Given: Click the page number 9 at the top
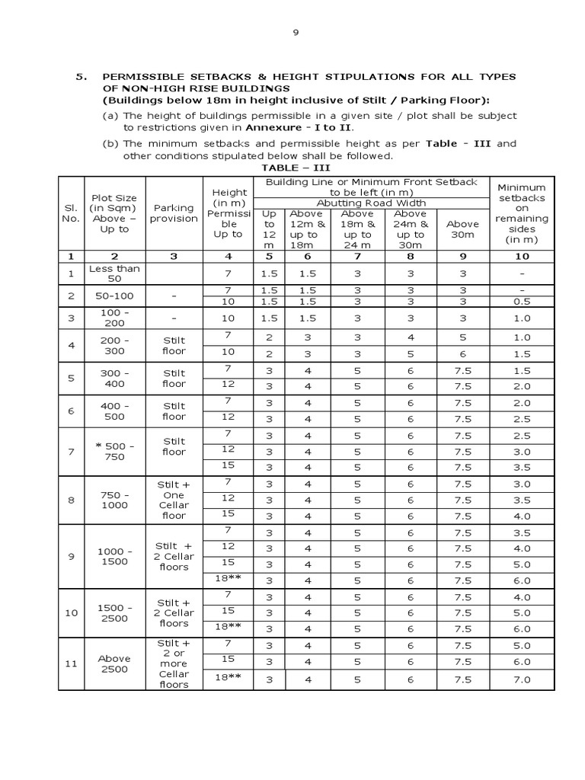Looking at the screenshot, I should [297, 33].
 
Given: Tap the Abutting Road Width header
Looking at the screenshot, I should [370, 203].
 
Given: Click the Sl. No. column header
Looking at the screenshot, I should [71, 213].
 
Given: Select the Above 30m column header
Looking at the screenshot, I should [462, 229].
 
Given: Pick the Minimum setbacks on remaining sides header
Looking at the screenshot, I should [522, 213].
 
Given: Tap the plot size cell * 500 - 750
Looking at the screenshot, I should [114, 452].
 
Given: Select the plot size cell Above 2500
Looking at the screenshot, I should [114, 663].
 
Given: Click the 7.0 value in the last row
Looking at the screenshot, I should [522, 679].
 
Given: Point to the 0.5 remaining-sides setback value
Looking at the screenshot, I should [522, 301].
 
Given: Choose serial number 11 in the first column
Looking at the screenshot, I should [71, 663].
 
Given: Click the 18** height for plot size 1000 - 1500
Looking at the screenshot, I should [228, 579].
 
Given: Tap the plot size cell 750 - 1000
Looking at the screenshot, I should [114, 500].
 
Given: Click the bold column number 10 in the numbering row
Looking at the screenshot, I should [522, 256].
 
